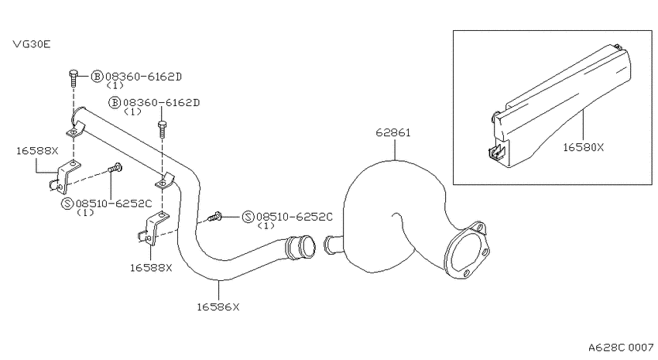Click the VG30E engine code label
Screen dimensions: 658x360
tap(32, 44)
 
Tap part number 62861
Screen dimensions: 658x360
tap(393, 132)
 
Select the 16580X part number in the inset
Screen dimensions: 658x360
tap(583, 147)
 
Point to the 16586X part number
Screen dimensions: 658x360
tap(218, 307)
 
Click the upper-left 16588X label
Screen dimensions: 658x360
tap(37, 151)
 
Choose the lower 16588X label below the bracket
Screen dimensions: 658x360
tap(151, 268)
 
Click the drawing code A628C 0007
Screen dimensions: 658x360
tap(621, 348)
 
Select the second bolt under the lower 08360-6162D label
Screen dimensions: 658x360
tap(162, 129)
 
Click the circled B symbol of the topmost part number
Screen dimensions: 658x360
tap(97, 77)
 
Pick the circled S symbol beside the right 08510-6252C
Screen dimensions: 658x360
tap(248, 217)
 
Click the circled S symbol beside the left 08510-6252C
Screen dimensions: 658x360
tap(67, 204)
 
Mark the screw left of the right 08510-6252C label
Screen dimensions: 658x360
tap(215, 217)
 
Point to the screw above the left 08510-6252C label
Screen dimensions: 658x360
tap(115, 167)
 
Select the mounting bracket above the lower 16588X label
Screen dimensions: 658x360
tap(153, 228)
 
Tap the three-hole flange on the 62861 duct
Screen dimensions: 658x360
tap(467, 251)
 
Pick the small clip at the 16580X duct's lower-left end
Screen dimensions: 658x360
tap(497, 153)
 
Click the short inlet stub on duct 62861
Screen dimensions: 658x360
tap(333, 245)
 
